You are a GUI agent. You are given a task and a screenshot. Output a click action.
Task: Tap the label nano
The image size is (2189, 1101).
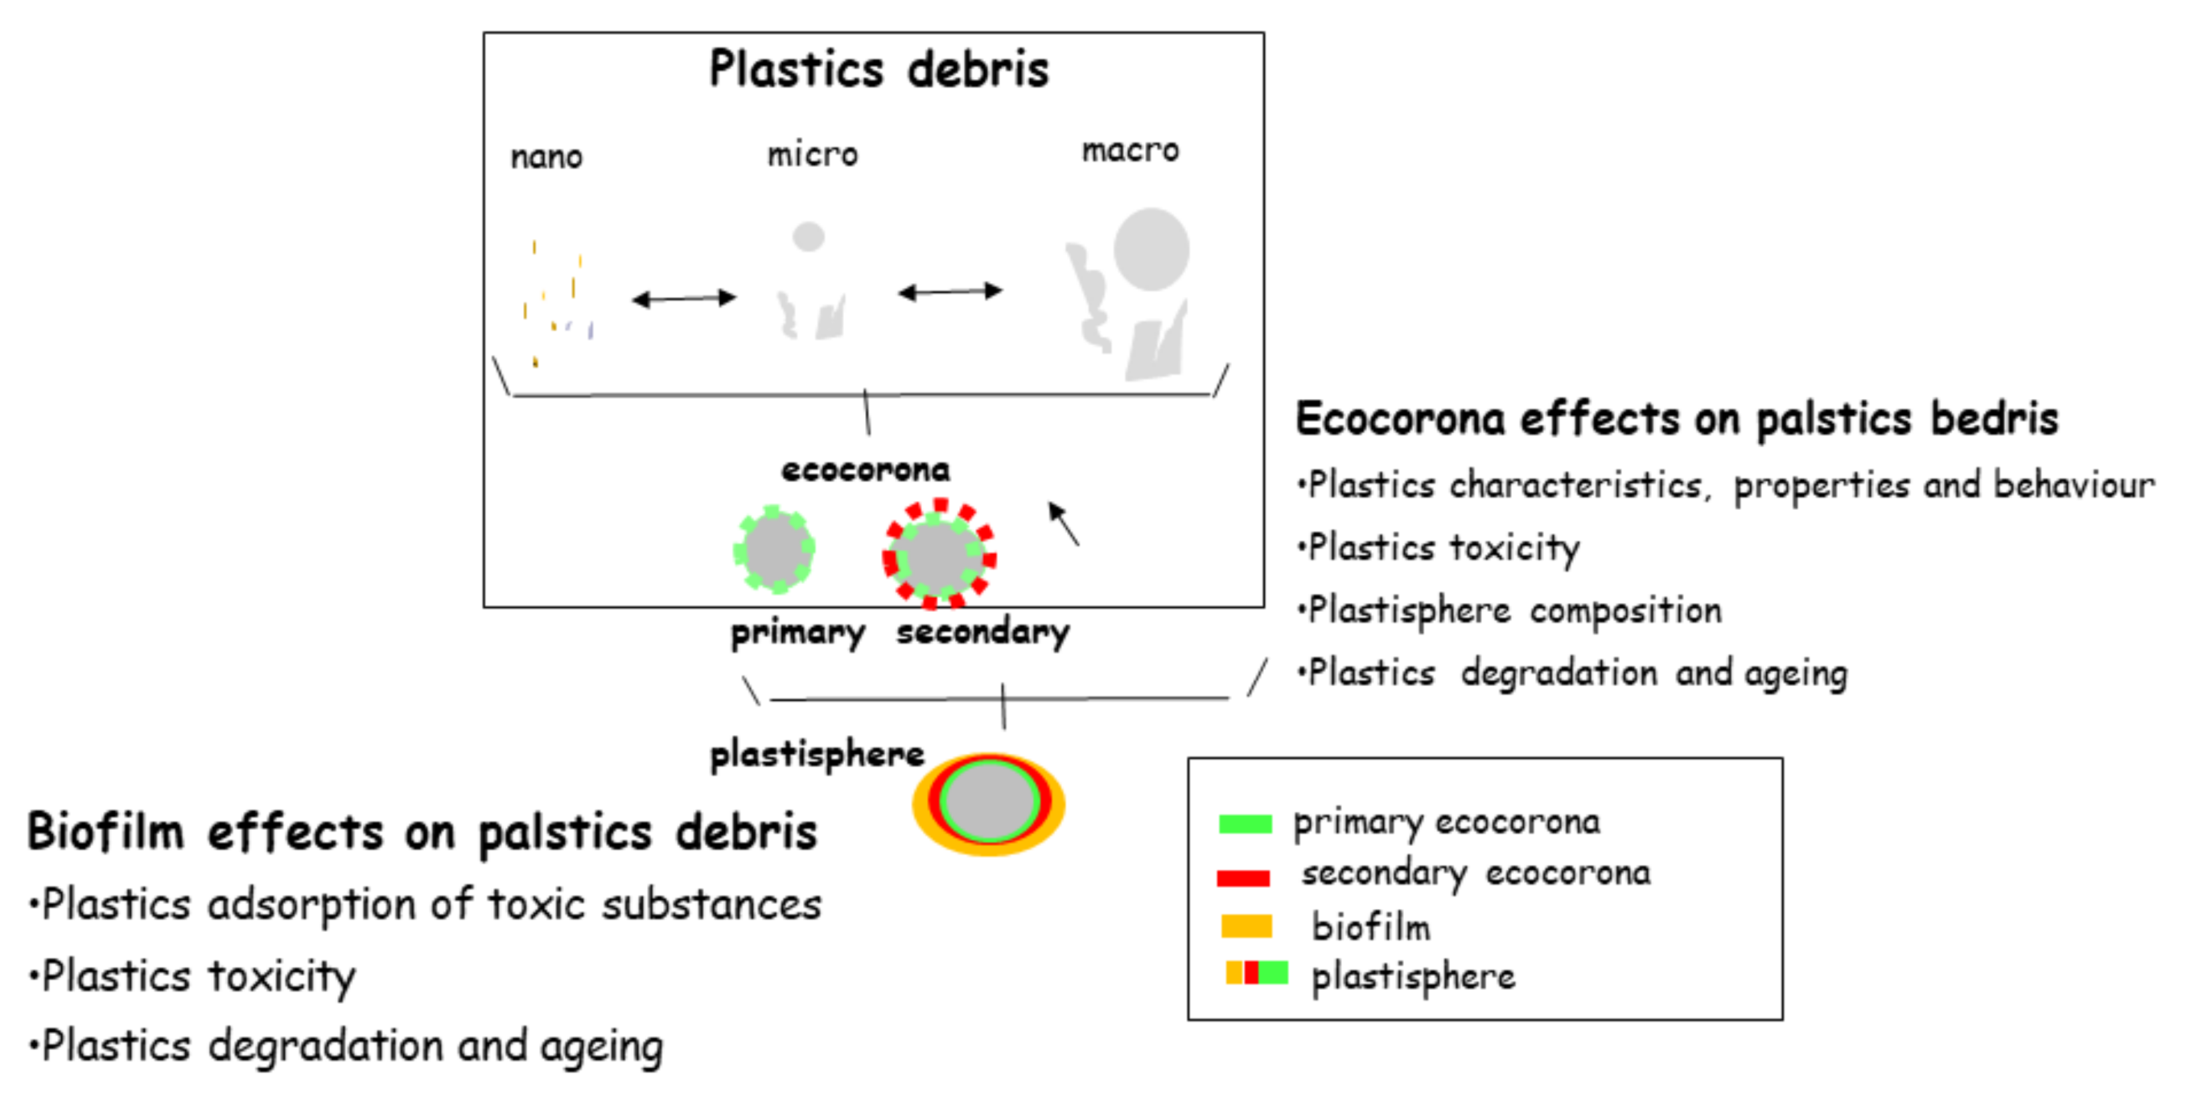[x=547, y=157]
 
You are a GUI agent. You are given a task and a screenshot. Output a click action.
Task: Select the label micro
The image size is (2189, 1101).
[x=813, y=155]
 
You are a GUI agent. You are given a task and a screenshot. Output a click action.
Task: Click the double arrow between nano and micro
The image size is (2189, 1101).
[x=683, y=298]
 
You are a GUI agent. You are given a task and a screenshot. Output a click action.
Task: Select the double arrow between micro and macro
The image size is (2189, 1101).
[x=949, y=292]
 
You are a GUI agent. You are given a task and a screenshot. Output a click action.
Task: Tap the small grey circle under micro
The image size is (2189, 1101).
[x=808, y=236]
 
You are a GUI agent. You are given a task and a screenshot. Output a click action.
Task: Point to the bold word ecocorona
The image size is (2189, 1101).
[x=865, y=470]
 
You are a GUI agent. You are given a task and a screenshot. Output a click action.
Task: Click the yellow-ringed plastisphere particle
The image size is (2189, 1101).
[x=989, y=803]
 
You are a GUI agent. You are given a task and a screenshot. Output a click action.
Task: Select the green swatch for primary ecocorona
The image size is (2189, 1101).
[x=1245, y=823]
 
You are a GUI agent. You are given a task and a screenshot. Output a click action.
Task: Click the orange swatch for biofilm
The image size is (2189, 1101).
[x=1246, y=926]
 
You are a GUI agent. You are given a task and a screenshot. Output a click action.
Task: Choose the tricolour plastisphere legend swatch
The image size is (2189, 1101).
[x=1256, y=973]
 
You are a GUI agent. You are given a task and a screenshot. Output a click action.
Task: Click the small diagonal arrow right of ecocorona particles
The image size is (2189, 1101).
[x=1063, y=523]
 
